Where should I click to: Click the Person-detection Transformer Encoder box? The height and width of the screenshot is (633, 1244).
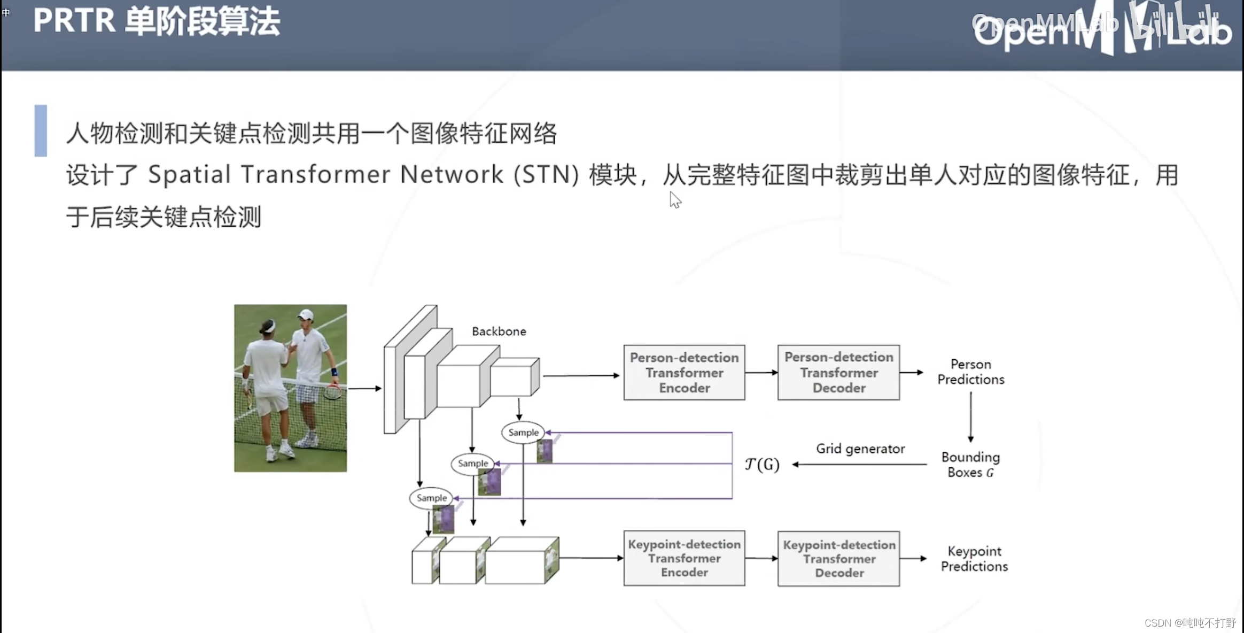[684, 373]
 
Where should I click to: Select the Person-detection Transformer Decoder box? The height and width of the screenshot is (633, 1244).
[838, 373]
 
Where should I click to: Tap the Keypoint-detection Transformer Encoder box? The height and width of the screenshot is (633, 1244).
[684, 558]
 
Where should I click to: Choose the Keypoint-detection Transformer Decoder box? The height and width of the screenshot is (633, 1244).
[838, 559]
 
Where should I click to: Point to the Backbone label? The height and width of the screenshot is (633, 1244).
[499, 331]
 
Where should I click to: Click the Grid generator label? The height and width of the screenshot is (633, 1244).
[860, 449]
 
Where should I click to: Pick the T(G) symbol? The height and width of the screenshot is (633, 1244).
[762, 464]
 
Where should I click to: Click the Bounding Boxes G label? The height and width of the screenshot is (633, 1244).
[970, 465]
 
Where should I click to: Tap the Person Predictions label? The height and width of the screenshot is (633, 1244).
[970, 372]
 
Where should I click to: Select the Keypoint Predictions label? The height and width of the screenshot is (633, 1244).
[974, 559]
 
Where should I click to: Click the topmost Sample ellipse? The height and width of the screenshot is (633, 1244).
[523, 433]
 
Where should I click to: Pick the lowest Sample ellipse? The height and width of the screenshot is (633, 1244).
[431, 498]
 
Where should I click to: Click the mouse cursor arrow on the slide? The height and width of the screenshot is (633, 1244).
[675, 199]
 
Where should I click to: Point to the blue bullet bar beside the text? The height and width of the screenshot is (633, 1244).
[41, 130]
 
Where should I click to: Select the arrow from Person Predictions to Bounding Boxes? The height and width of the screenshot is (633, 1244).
[970, 416]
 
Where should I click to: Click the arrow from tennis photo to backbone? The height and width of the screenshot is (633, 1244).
[364, 388]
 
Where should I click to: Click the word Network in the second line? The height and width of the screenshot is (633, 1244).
[452, 175]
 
